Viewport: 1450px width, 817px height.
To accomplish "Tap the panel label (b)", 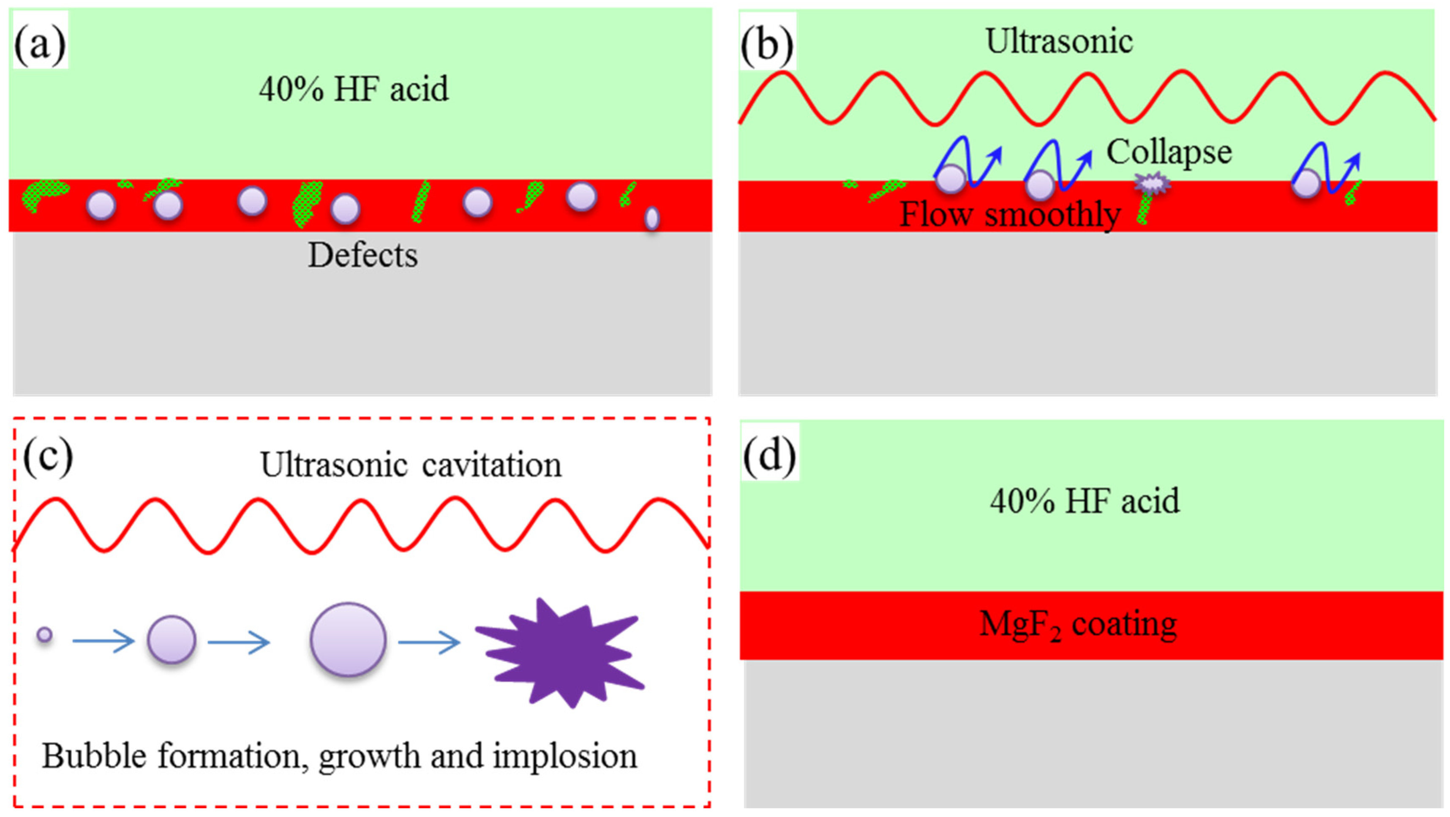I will pos(767,44).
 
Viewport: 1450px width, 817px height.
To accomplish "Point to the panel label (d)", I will pos(769,454).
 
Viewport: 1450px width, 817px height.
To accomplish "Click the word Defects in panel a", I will pos(362,256).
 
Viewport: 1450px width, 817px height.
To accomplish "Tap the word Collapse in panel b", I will pos(1169,153).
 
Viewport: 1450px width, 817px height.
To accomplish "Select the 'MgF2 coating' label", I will pos(1078,625).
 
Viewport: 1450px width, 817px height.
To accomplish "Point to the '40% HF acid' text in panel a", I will pos(354,89).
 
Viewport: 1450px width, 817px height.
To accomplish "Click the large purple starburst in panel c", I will pos(560,653).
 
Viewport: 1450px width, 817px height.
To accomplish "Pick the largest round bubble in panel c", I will pos(348,639).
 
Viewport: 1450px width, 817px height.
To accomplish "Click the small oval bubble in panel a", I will pos(652,218).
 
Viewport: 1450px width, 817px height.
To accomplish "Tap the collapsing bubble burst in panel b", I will pos(1152,183).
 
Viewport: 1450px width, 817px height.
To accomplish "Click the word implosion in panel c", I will pos(564,756).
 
